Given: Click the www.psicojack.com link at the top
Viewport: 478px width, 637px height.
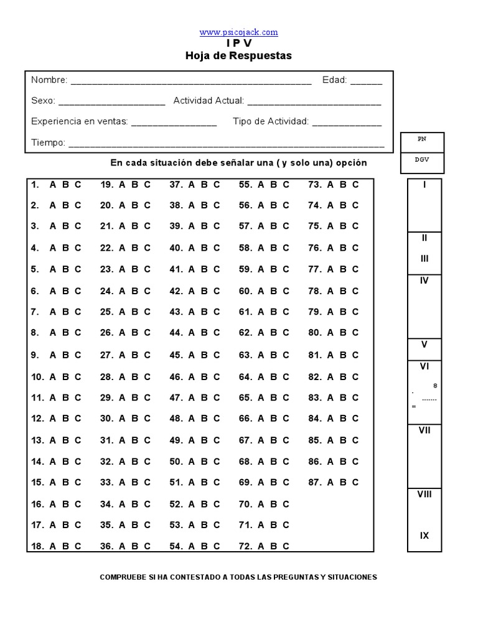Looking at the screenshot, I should pos(238,32).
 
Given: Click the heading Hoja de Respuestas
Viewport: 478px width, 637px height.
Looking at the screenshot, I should pos(238,56).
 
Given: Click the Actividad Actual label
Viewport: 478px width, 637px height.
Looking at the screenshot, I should pos(209,101).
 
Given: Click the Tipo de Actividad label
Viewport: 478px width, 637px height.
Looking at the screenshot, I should pos(271,122).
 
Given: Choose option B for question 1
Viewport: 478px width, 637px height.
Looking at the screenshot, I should pos(65,184).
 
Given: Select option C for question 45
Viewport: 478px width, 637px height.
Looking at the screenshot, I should pos(217,355).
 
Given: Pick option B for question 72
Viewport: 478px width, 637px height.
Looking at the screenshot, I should pos(273,547).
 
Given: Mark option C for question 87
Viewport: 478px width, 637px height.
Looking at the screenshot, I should pos(355,482).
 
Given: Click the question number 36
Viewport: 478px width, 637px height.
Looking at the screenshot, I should pos(106,547).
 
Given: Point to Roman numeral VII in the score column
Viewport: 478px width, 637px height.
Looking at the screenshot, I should pos(424,430).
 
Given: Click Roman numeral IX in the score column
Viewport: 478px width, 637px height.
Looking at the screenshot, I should pos(424,536).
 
